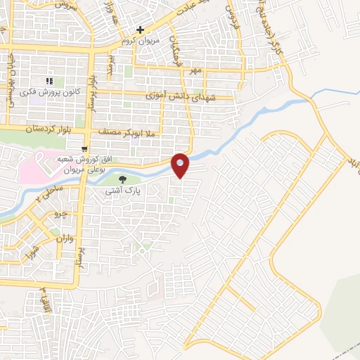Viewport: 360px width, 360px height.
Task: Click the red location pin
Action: point(181,165)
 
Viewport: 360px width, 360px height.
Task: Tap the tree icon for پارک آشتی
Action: point(123,180)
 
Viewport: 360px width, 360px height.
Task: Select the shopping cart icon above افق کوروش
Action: point(84,149)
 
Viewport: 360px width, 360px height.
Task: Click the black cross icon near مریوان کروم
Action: point(141,30)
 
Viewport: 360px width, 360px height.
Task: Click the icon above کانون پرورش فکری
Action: point(50,81)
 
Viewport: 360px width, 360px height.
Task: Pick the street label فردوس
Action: point(231,15)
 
